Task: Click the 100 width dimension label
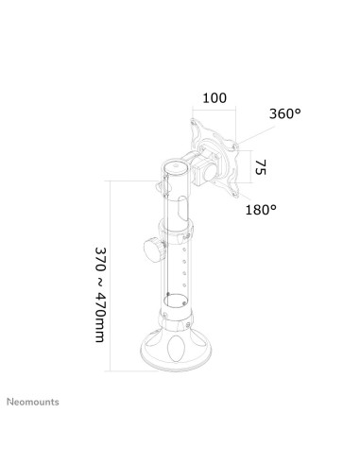tap(214, 98)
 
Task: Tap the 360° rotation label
tap(285, 113)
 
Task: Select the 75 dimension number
tap(261, 167)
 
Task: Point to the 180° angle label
tap(261, 210)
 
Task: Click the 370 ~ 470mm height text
tap(100, 295)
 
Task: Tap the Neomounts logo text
tap(33, 402)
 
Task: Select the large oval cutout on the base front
tap(176, 349)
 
